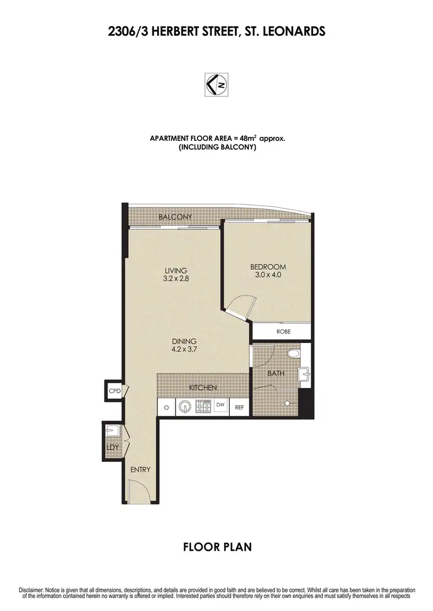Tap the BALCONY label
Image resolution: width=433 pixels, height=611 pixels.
[x=175, y=217]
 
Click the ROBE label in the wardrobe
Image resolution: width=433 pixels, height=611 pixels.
[x=283, y=331]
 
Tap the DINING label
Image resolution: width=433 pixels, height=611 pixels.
[x=184, y=344]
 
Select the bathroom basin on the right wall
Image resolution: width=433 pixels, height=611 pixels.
[x=305, y=376]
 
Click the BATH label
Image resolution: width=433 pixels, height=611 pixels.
[x=275, y=374]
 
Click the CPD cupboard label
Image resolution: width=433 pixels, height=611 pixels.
[x=113, y=391]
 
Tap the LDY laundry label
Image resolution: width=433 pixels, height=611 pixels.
[x=111, y=447]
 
